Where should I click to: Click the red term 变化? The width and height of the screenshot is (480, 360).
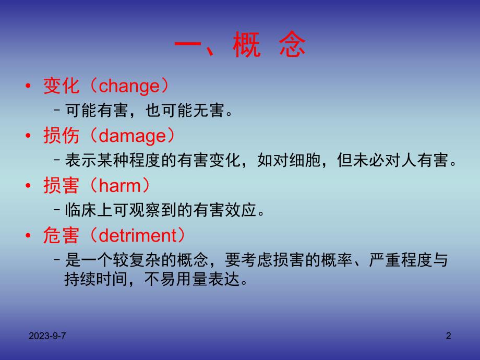(x=61, y=86)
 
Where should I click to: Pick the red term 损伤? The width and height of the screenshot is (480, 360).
(x=61, y=136)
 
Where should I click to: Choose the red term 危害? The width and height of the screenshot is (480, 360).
(x=61, y=236)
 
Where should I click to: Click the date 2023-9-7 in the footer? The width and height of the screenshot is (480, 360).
(x=47, y=337)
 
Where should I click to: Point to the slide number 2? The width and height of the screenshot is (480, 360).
(x=448, y=337)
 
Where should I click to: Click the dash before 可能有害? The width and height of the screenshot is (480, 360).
(x=57, y=111)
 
